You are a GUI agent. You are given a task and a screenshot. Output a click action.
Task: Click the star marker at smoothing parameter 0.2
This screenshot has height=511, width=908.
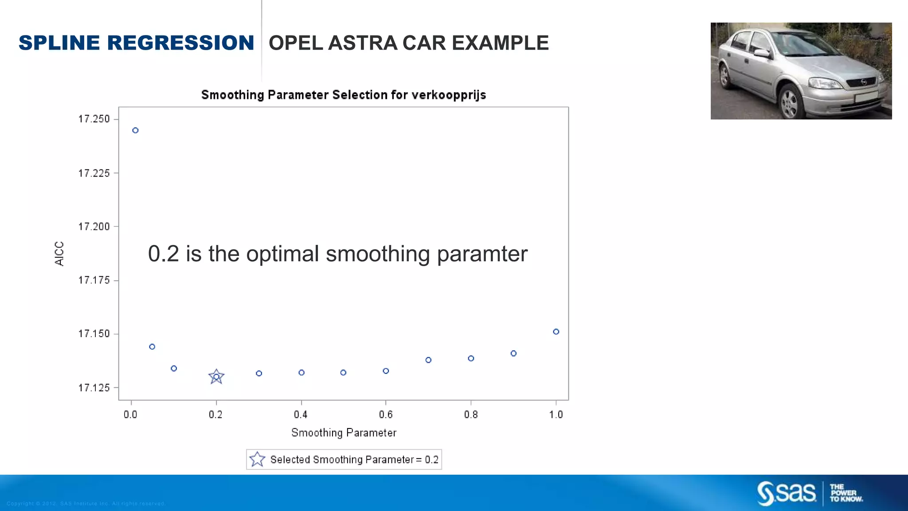pos(216,377)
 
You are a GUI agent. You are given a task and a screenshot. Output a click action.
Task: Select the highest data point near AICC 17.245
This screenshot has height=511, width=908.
pos(136,130)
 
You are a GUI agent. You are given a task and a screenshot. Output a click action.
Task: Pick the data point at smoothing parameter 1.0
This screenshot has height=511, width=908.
pos(556,332)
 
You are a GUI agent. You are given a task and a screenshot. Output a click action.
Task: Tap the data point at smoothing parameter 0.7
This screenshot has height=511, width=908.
pos(428,360)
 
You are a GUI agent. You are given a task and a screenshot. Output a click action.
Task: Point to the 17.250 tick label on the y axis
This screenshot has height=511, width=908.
pos(94,119)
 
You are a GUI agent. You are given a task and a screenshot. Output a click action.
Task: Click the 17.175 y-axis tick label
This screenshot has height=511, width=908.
pos(94,280)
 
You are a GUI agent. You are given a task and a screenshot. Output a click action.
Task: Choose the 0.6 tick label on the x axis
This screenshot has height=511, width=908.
pos(386,415)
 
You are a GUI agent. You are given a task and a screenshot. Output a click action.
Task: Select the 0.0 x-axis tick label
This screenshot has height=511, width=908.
pos(130,415)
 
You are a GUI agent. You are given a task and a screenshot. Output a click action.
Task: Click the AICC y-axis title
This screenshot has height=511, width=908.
pos(59,254)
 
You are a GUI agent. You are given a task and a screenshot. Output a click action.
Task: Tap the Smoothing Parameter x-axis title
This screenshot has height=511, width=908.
pos(344,433)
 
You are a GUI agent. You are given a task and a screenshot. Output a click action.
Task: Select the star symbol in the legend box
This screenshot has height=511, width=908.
pos(257,460)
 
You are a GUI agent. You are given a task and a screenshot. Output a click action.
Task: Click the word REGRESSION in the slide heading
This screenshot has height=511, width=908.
pos(180,43)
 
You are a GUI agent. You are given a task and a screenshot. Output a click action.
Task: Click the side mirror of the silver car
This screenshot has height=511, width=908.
pos(762,53)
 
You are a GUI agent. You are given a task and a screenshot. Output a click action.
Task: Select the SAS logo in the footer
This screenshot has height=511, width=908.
pos(786,493)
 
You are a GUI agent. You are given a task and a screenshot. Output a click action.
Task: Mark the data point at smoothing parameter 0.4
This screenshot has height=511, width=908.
pos(301,373)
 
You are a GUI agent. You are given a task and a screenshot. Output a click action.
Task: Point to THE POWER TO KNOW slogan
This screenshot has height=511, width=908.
pos(846,493)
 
